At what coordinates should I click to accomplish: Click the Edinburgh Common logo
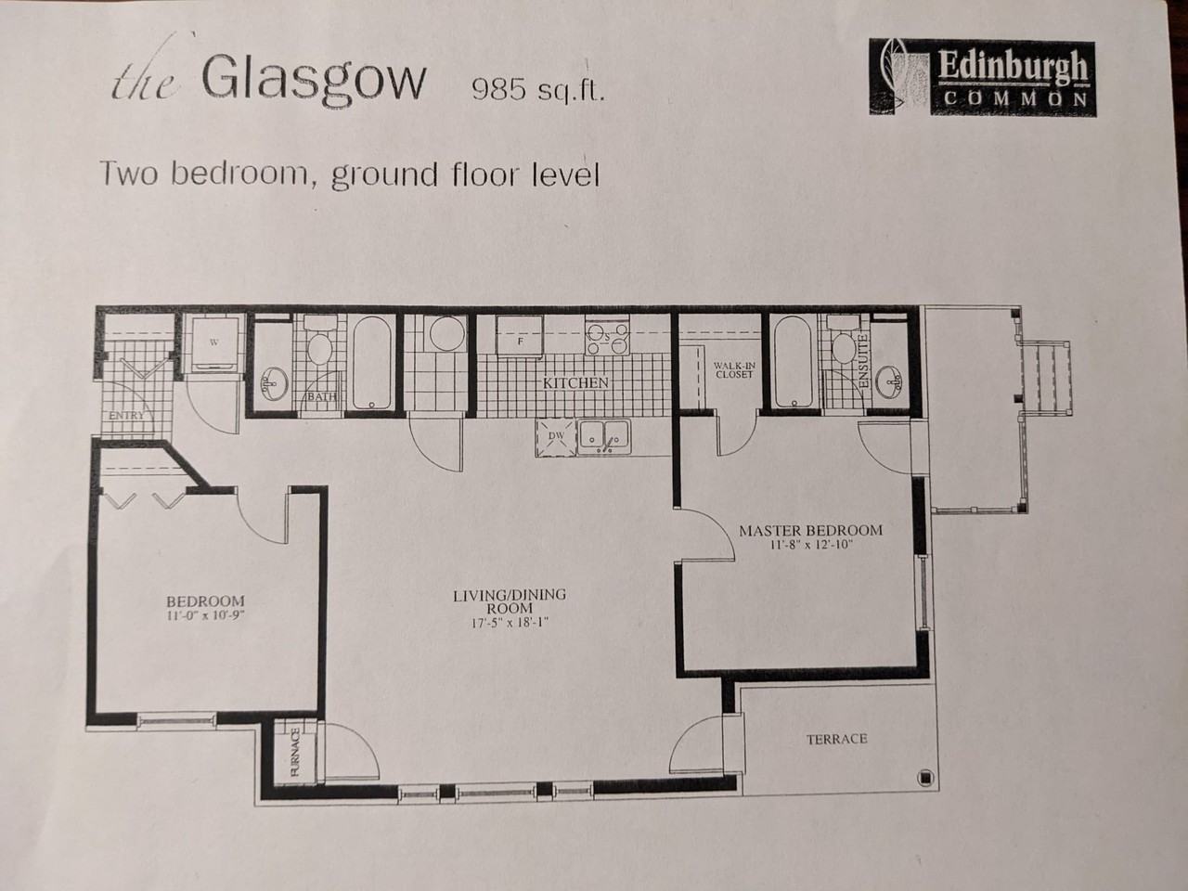coord(982,77)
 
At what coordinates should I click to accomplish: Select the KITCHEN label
coord(575,383)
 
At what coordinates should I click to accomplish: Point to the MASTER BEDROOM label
coord(811,530)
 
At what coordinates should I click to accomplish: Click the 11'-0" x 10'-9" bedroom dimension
coord(206,615)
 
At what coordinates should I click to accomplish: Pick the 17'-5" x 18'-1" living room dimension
coord(510,623)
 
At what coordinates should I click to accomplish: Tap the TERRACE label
coord(837,739)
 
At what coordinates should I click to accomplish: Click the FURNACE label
coord(295,752)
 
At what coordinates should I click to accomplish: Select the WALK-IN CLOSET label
coord(734,369)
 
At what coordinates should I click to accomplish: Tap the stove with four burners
coord(607,335)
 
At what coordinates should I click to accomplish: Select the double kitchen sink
coord(604,437)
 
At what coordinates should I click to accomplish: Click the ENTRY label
coord(126,416)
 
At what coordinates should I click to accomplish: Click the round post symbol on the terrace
coord(925,778)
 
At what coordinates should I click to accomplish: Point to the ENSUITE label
coord(864,361)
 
